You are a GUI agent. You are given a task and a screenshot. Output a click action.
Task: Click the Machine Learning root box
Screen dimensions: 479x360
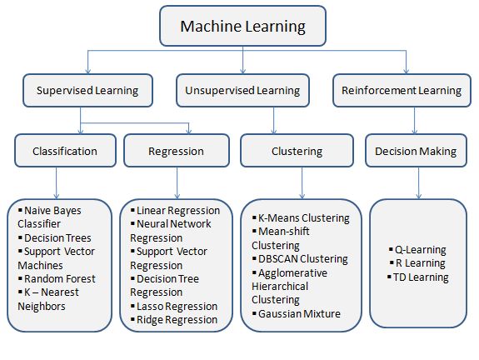coord(243,26)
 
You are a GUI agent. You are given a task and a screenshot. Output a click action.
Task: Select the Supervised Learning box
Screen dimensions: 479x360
coord(87,91)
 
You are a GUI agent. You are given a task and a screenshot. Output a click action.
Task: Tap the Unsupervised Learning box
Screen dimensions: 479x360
coord(242,91)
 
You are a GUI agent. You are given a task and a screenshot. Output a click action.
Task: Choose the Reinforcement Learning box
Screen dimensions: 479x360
coord(402,91)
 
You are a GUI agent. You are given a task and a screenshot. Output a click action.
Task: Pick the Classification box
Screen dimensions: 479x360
coord(65,151)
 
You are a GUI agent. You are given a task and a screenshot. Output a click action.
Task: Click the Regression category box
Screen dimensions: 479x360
coord(177,151)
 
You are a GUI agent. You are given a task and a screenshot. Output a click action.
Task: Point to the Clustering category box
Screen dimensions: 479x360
coord(297,151)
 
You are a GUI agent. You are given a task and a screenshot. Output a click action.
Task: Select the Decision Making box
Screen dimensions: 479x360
coord(416,151)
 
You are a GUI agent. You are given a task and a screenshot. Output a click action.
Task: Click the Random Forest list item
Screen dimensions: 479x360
coord(57,278)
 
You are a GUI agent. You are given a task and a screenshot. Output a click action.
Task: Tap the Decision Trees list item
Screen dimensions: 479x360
coord(55,237)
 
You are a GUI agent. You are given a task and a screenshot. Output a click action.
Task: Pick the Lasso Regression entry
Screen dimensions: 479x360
coord(174,306)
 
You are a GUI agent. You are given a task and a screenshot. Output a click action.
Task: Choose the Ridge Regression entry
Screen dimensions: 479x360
coord(174,319)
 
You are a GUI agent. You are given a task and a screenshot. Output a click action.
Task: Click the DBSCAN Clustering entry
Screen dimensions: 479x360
coord(300,259)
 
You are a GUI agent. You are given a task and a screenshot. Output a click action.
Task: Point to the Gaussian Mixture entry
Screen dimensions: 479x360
coord(297,313)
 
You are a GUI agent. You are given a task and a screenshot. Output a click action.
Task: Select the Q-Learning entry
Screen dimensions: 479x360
coord(417,250)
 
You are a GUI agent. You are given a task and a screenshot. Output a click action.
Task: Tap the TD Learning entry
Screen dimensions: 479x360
coord(418,277)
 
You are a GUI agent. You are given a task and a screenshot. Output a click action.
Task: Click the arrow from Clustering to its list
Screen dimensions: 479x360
coord(302,183)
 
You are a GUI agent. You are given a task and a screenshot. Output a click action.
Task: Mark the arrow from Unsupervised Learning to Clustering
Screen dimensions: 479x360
coord(274,121)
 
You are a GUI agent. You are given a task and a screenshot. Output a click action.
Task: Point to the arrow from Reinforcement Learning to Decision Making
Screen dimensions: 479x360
coord(415,121)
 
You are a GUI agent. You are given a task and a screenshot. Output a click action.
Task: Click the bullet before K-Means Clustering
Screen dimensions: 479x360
coord(254,217)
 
